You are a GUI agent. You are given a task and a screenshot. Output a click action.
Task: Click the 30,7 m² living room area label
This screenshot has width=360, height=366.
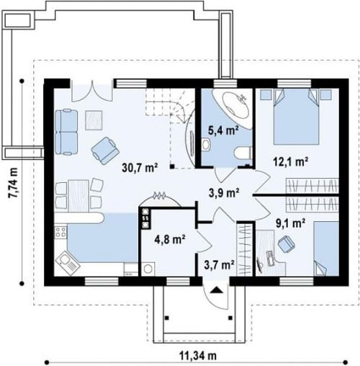coord(140,168)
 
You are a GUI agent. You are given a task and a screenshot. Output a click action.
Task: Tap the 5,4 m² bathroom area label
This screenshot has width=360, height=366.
coord(223,131)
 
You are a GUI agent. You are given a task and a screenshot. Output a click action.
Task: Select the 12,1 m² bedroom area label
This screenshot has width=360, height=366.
coord(291,162)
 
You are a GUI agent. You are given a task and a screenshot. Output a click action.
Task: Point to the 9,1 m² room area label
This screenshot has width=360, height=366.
coord(290,223)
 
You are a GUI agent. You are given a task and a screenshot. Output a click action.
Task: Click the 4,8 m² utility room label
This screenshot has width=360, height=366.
coord(170,239)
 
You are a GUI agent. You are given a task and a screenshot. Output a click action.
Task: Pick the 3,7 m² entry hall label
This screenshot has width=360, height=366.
coord(219,264)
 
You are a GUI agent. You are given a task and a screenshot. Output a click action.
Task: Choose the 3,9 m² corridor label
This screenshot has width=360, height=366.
coord(224,192)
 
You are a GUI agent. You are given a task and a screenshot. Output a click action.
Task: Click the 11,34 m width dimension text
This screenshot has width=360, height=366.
coord(198,355)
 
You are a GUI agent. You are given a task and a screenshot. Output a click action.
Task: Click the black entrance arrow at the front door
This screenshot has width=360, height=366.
coord(217,290)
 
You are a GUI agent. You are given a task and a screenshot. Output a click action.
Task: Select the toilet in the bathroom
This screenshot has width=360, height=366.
coord(243,153)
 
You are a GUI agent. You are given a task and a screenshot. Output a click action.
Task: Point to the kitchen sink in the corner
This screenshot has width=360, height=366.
coord(68,263)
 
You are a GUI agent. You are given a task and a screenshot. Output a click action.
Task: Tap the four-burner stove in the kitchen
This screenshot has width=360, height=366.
coord(60,232)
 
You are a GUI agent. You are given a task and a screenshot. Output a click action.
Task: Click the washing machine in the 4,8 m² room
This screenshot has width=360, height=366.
coord(148,269)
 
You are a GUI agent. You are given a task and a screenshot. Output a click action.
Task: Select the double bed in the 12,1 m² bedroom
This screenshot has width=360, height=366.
coord(297,117)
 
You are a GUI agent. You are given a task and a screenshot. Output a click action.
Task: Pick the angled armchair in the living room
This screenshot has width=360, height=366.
coord(105,151)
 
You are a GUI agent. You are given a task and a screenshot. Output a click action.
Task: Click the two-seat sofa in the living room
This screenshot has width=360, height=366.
coord(66,132)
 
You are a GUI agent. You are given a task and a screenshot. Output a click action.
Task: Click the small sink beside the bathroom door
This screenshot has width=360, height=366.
coord(206,145)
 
